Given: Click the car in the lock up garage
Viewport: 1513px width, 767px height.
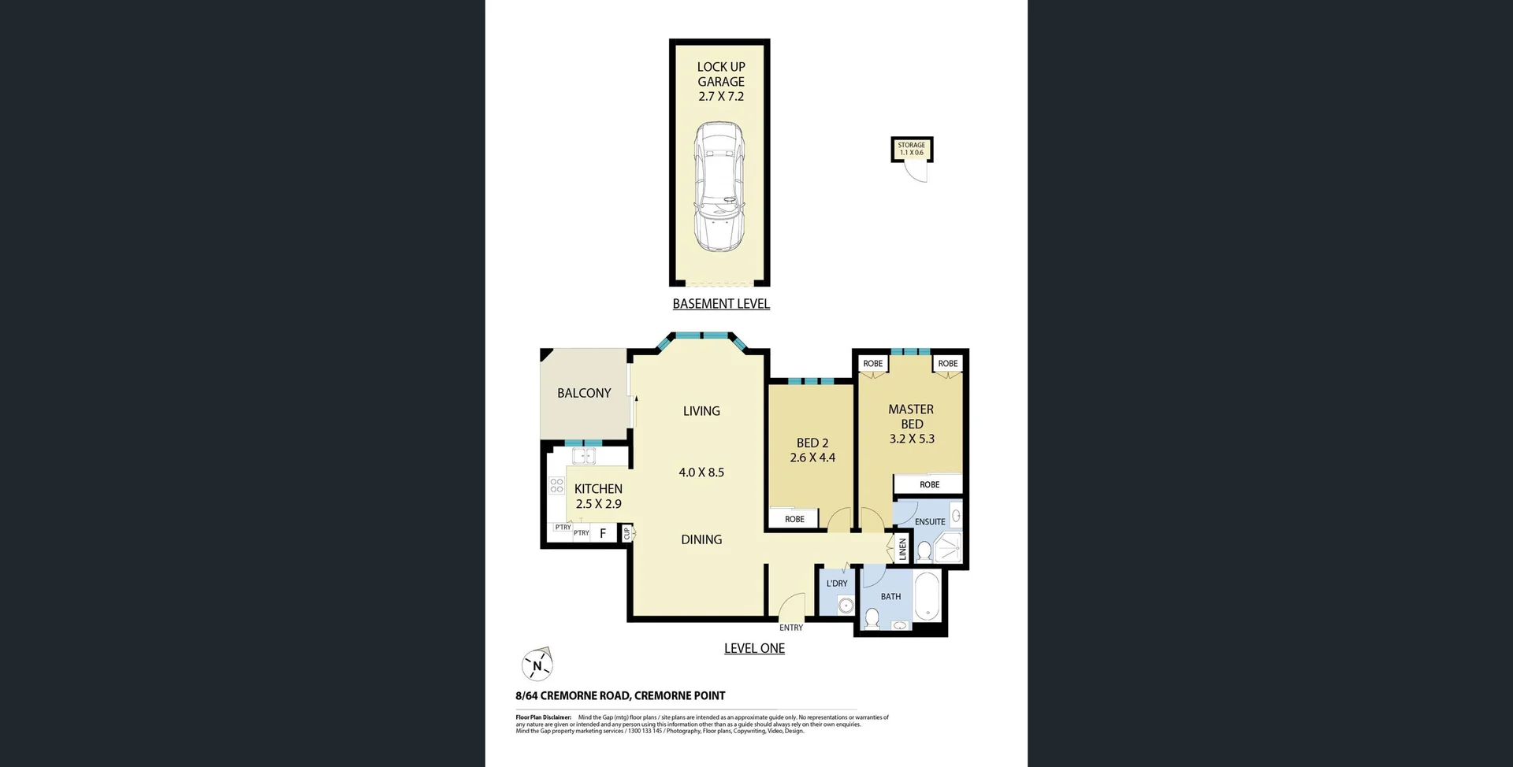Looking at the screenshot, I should pyautogui.click(x=719, y=187).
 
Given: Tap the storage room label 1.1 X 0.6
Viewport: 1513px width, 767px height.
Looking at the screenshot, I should pyautogui.click(x=911, y=153).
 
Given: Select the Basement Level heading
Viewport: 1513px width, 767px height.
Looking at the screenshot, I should pyautogui.click(x=720, y=304).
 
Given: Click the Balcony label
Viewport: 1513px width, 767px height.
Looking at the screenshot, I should pyautogui.click(x=584, y=393).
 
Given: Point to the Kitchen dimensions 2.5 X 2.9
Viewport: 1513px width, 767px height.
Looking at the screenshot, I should pyautogui.click(x=599, y=504).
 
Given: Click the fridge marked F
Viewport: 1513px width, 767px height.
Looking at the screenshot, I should pyautogui.click(x=603, y=534).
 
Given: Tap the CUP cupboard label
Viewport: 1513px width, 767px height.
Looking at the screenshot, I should pyautogui.click(x=627, y=534).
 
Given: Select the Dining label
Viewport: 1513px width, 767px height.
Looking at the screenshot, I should pyautogui.click(x=701, y=539).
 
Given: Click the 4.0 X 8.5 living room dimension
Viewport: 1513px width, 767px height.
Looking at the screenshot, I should pyautogui.click(x=701, y=472).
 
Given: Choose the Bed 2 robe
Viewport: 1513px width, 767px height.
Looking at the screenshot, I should pyautogui.click(x=794, y=519).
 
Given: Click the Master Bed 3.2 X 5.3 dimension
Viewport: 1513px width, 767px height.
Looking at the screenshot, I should pyautogui.click(x=912, y=439).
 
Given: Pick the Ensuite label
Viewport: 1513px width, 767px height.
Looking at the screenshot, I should pyautogui.click(x=930, y=521).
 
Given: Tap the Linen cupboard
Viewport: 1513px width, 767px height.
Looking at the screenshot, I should pyautogui.click(x=903, y=549).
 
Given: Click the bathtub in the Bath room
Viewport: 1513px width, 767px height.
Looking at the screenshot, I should pyautogui.click(x=928, y=597).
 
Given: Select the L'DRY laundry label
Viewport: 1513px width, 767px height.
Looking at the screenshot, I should pyautogui.click(x=837, y=584).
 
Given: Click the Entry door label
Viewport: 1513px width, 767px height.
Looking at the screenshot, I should pyautogui.click(x=790, y=628).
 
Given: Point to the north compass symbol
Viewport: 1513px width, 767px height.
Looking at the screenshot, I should pyautogui.click(x=537, y=666).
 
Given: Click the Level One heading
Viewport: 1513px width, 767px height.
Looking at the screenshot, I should pyautogui.click(x=754, y=648).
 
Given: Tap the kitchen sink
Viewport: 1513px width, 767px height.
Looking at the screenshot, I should pyautogui.click(x=583, y=456).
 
